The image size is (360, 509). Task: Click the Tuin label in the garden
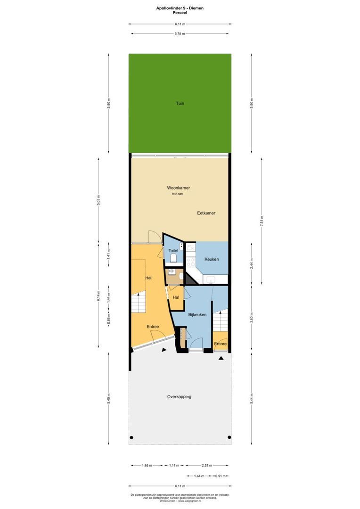coord(180,103)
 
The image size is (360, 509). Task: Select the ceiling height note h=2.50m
coord(177,194)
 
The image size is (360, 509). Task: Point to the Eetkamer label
coord(206,213)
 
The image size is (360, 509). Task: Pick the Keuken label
coord(211,259)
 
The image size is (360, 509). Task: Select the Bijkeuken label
coord(197,314)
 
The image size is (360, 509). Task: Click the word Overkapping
coord(179,397)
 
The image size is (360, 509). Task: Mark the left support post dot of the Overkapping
coord(131,437)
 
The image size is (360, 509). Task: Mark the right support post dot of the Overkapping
coord(229,437)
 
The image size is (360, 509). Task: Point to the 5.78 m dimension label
coord(180,33)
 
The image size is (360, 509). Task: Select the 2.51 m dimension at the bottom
coord(206,465)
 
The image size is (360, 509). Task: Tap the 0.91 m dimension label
coord(220,476)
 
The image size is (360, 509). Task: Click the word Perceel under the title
coord(180,13)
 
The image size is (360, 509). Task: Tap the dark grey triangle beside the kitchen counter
coord(189,279)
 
